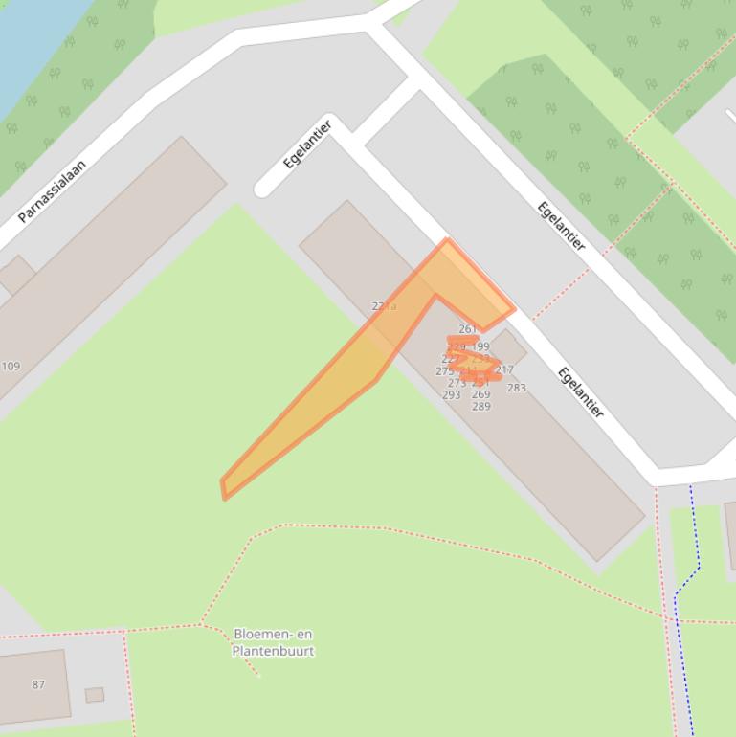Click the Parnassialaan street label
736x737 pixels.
[x=53, y=190]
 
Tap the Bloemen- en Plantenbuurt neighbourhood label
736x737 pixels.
[x=273, y=642]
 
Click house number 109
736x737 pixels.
[x=11, y=366]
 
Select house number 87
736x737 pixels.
[x=38, y=684]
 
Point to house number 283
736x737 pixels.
[x=516, y=388]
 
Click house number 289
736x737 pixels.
[x=480, y=406]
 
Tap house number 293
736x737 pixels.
[x=452, y=394]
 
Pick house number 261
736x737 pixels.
[x=467, y=329]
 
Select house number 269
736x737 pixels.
[x=480, y=394]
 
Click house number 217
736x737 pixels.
[x=504, y=369]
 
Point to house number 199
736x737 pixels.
[x=480, y=346]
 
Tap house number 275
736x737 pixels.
[x=444, y=371]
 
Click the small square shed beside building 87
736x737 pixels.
[x=94, y=695]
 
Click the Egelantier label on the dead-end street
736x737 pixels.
[x=307, y=145]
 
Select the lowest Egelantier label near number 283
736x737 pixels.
[x=581, y=393]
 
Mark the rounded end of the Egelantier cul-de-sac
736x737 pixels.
[x=263, y=188]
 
